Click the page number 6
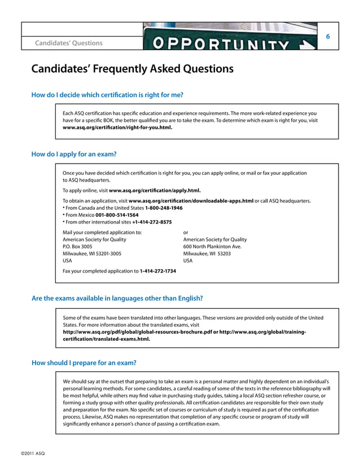(328, 36)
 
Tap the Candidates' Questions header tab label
(69, 43)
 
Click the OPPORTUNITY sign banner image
(230, 37)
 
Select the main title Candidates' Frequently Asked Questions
(132, 69)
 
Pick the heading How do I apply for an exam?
(74, 153)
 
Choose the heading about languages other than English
(117, 298)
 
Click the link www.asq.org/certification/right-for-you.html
(117, 128)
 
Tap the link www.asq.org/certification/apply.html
(155, 191)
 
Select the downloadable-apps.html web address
(191, 201)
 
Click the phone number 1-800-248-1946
(164, 208)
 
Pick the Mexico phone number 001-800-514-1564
(117, 215)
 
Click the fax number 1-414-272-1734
(157, 271)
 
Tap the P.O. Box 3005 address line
(77, 247)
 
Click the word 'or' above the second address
(187, 232)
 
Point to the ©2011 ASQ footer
(33, 454)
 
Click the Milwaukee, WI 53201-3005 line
(91, 254)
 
